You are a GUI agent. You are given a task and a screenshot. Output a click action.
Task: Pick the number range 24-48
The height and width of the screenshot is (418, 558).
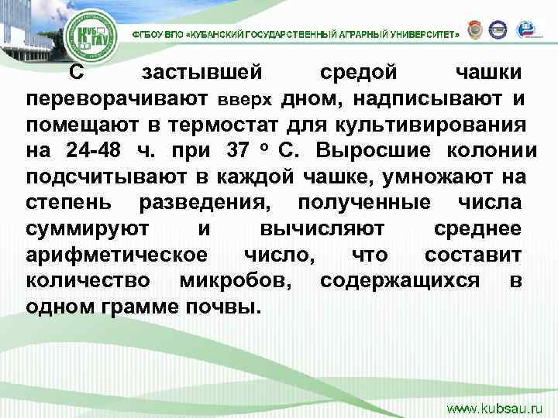[96, 149]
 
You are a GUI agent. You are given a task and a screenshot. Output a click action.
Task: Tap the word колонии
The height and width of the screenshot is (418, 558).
[487, 149]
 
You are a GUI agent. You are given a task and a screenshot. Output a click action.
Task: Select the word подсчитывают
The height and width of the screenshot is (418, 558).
[105, 176]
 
